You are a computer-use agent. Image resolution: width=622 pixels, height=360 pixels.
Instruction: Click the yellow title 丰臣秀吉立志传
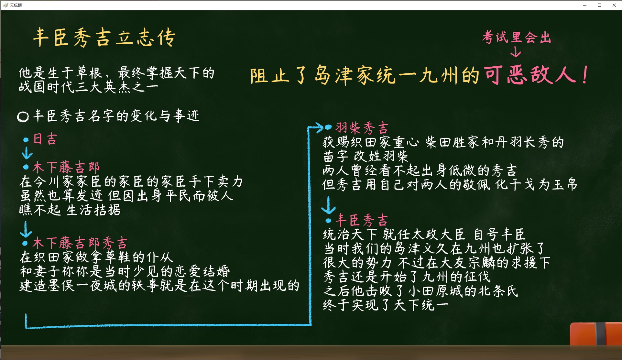click(104, 38)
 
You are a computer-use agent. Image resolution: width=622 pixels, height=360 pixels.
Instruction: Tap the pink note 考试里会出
click(517, 37)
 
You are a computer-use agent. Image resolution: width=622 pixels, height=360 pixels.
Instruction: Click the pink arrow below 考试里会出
click(516, 51)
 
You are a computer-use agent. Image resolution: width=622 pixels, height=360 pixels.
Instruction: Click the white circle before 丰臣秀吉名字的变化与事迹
click(23, 116)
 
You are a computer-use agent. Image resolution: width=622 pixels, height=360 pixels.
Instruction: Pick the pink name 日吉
click(45, 139)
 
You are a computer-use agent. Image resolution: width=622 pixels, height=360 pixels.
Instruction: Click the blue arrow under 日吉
click(27, 153)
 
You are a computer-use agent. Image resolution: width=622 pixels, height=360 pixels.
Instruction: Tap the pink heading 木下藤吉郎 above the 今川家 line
click(66, 167)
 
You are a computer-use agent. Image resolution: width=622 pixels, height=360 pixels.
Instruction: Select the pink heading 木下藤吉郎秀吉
click(80, 243)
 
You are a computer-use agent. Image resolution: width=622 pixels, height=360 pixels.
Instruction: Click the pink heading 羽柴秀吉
click(362, 128)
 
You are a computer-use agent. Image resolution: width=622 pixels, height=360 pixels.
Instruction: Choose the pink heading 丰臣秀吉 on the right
click(362, 220)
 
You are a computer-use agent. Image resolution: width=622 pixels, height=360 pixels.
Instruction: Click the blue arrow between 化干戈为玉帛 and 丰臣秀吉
click(329, 205)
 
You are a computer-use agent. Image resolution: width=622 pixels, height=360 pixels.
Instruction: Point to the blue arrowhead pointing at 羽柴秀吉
click(319, 127)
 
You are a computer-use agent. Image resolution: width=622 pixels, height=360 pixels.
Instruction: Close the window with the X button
click(614, 5)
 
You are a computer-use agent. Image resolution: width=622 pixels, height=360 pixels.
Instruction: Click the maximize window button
click(599, 5)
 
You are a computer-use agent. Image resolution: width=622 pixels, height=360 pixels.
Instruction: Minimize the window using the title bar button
click(585, 5)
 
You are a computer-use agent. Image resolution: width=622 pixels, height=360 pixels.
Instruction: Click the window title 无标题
click(16, 5)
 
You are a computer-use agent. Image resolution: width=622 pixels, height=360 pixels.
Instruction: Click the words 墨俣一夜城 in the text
click(82, 286)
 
